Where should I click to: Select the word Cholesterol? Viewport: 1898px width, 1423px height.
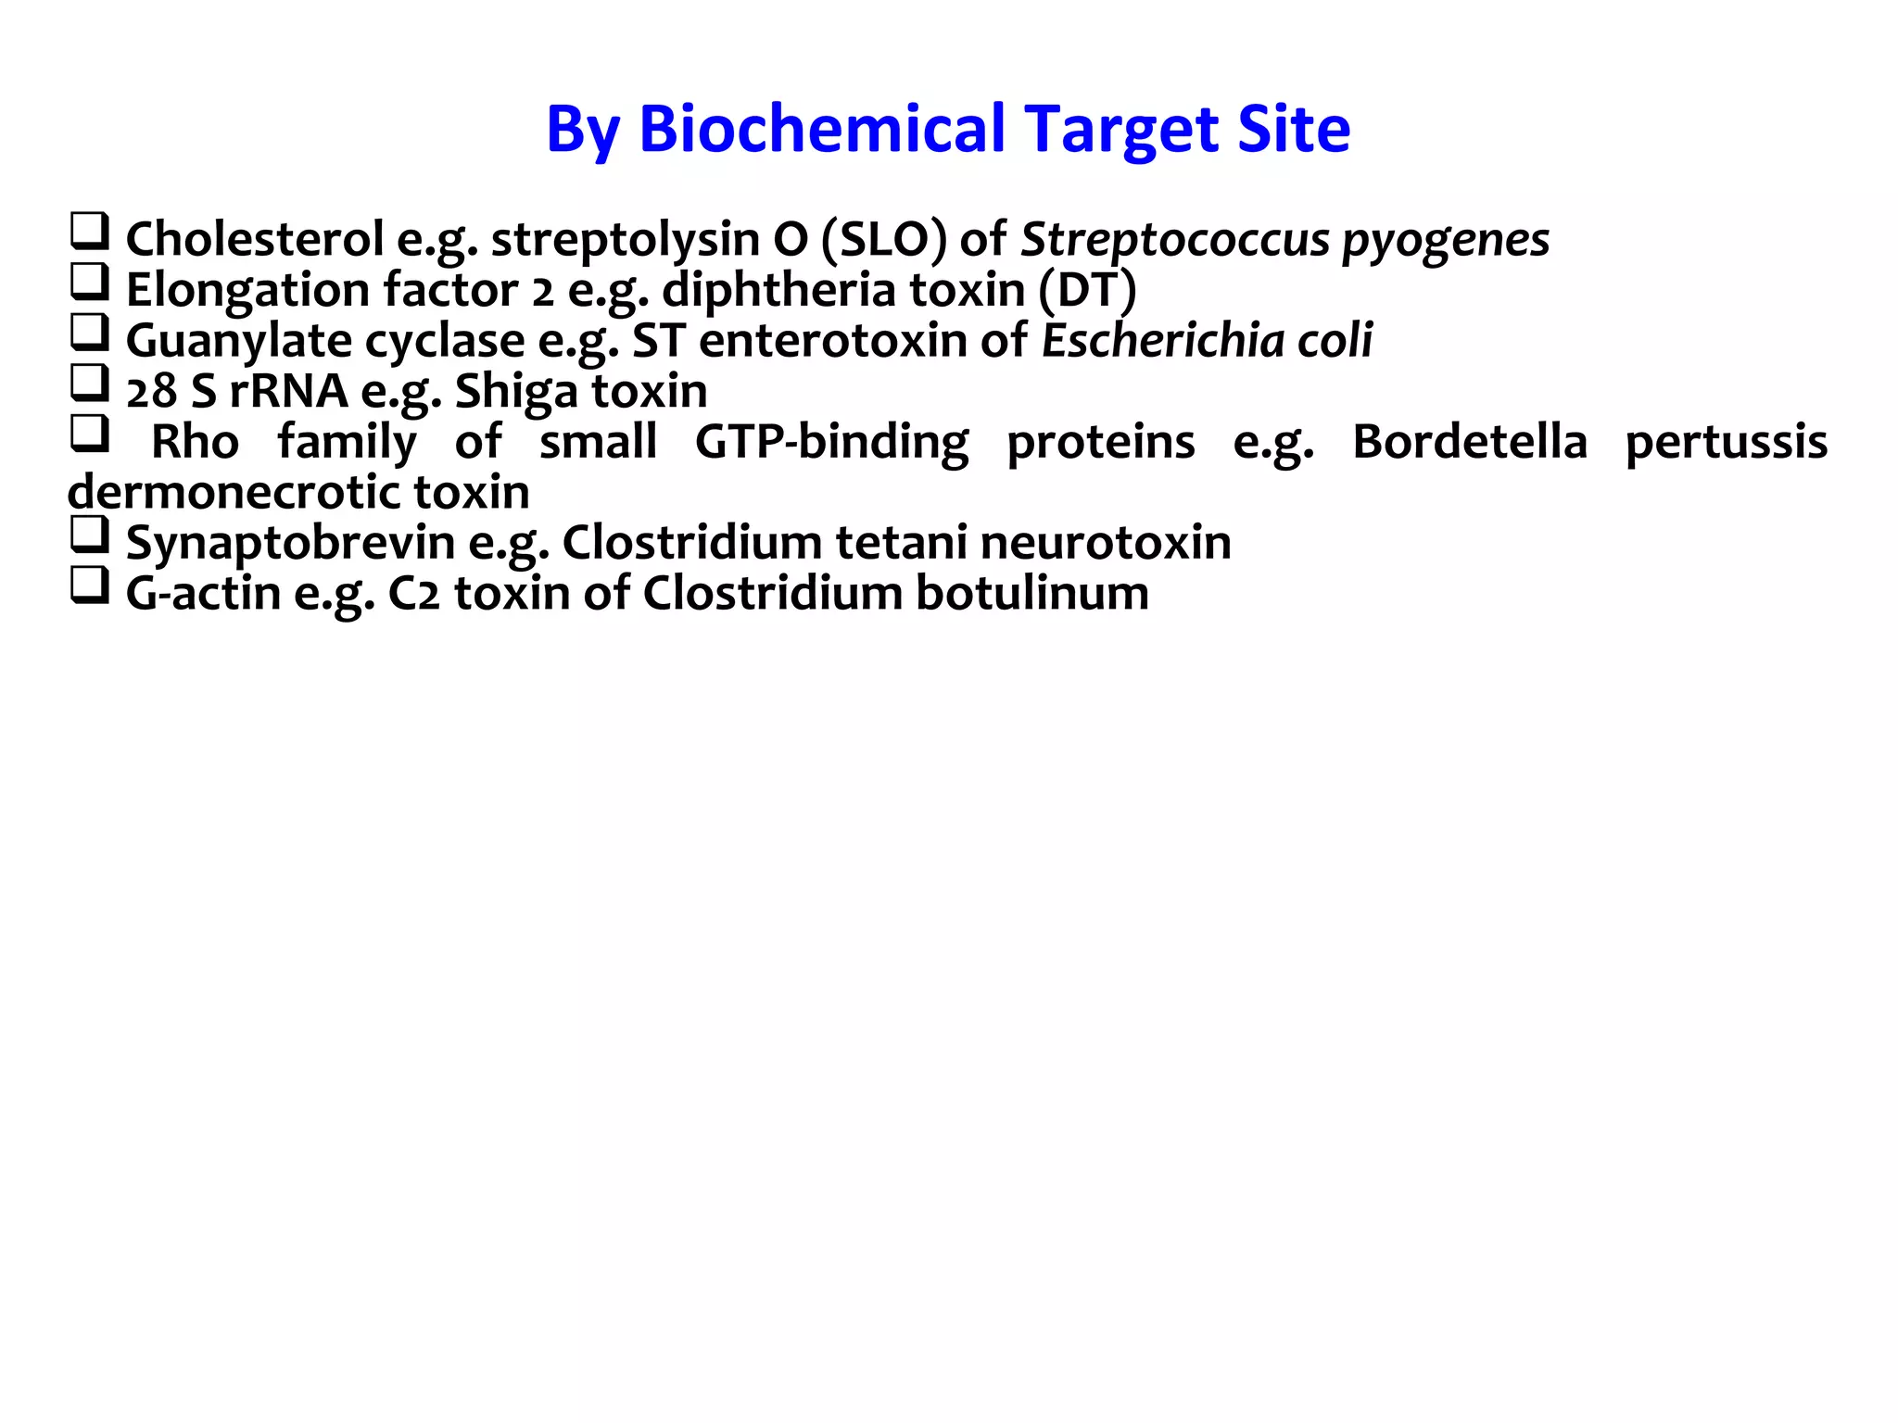[254, 239]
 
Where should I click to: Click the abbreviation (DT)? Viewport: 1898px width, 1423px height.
[1086, 290]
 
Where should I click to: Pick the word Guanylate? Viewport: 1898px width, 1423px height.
[238, 341]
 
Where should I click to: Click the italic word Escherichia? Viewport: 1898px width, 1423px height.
[1161, 340]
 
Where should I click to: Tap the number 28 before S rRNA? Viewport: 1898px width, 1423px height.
[151, 392]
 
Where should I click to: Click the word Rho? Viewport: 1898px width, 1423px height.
[195, 442]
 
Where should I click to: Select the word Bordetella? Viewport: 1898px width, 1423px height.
[1469, 442]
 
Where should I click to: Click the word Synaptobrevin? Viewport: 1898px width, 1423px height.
[290, 543]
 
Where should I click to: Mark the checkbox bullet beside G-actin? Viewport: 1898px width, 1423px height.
[90, 586]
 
